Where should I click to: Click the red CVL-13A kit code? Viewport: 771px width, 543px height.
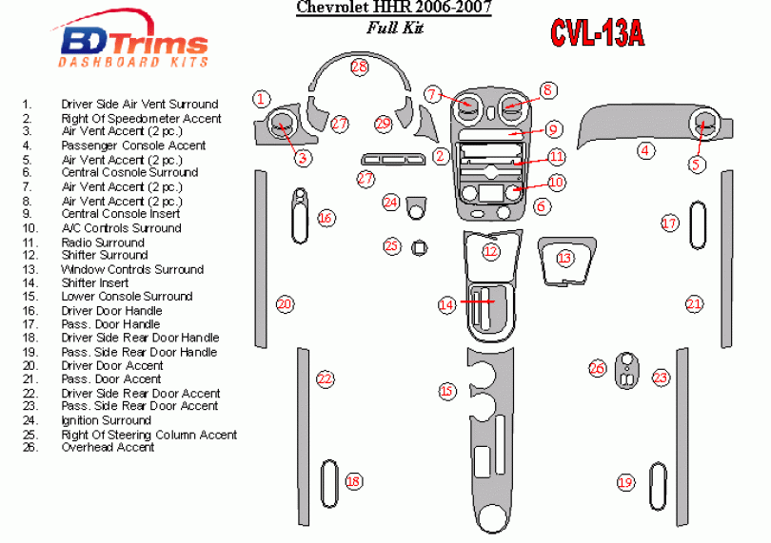coord(597,33)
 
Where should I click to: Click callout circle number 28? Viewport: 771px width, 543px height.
coord(359,67)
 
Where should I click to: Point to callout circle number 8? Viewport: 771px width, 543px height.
coord(547,90)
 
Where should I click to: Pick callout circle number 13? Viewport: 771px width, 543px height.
coord(565,258)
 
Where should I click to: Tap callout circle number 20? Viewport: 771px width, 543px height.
coord(285,304)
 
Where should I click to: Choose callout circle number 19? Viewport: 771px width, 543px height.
coord(625,482)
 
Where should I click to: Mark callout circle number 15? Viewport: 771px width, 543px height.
coord(446,391)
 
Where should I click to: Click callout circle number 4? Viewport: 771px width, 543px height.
coord(645,149)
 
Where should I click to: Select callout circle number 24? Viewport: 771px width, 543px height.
coord(390,202)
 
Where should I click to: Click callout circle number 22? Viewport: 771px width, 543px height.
coord(326,378)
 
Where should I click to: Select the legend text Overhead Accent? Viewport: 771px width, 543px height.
coord(108,448)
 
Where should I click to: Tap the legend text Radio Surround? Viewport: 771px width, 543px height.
coord(103,242)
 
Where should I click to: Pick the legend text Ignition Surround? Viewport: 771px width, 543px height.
coord(106,420)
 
